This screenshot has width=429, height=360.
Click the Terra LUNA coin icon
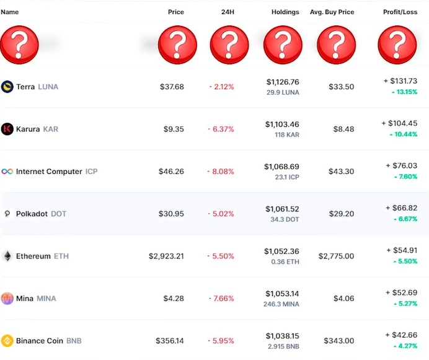click(x=7, y=87)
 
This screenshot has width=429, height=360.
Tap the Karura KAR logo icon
click(x=7, y=129)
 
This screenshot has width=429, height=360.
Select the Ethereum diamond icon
click(x=7, y=256)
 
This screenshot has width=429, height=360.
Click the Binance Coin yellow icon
click(x=7, y=341)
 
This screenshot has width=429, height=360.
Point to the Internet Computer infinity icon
click(x=7, y=172)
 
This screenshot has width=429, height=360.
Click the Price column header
click(x=176, y=12)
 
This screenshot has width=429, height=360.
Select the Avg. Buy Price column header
click(x=332, y=12)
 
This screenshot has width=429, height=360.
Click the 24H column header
click(x=227, y=12)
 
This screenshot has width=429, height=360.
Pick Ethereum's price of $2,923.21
click(x=166, y=256)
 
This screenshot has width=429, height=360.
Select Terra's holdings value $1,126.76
click(x=283, y=82)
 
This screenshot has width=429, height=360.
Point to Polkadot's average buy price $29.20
click(x=342, y=214)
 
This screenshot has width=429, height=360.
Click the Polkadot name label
click(x=33, y=214)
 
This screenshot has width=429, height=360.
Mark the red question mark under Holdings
click(x=283, y=45)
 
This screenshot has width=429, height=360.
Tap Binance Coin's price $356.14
click(x=169, y=341)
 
